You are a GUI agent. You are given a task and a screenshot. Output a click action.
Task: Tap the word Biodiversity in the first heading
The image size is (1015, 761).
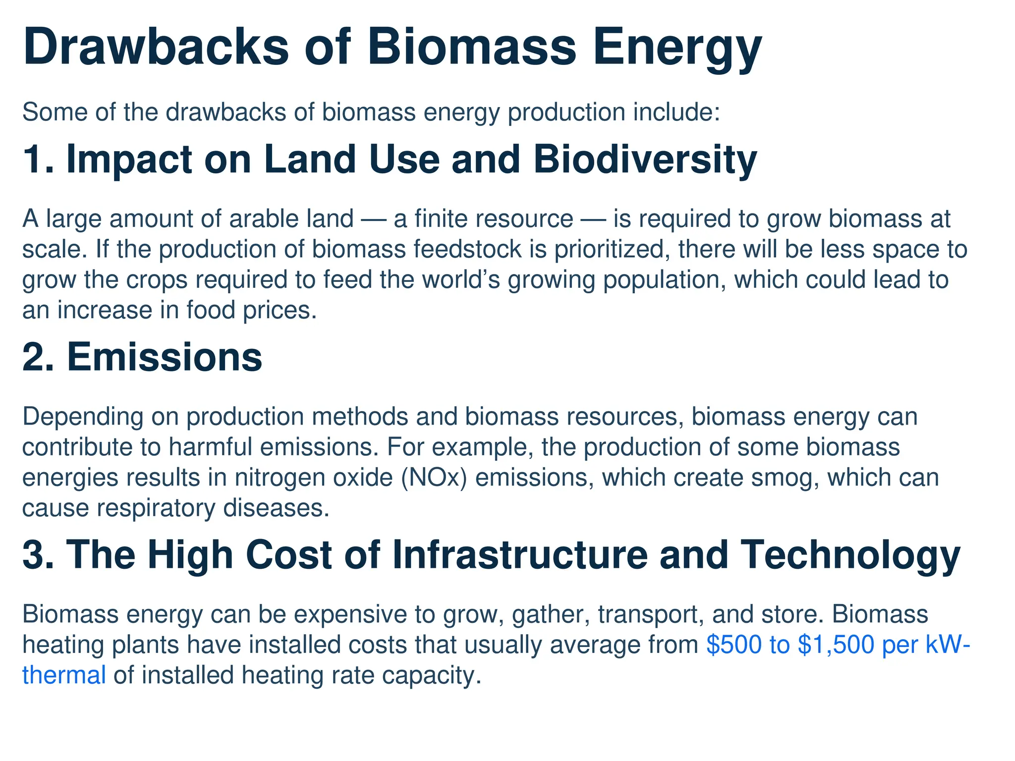645,160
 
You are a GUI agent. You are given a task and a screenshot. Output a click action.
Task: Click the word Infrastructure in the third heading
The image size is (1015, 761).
520,555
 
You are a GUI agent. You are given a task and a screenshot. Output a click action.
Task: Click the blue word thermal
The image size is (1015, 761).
64,676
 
